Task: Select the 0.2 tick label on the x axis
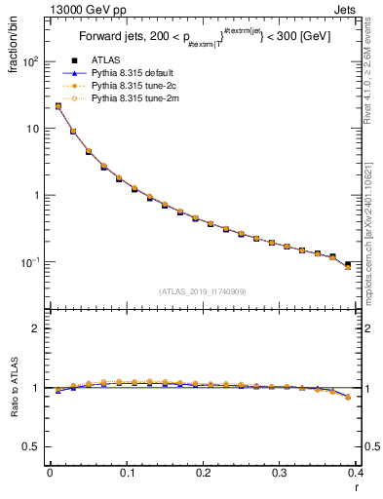tap(203, 473)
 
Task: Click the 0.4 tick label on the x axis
tap(356, 473)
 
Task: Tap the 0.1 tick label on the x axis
tap(127, 473)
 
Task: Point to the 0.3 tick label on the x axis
tap(280, 473)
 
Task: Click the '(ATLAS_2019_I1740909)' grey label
tap(202, 290)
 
